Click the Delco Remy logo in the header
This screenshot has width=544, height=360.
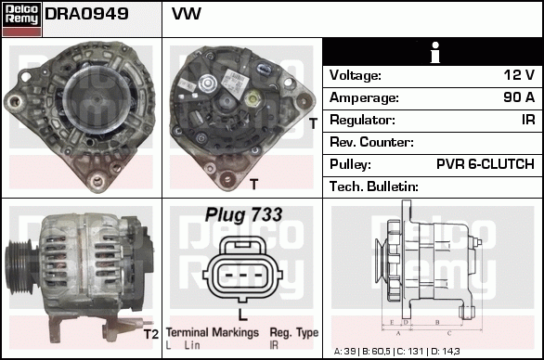(21, 18)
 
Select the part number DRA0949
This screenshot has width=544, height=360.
(86, 16)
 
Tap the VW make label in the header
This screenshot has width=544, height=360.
(187, 16)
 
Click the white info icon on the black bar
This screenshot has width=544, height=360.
(433, 52)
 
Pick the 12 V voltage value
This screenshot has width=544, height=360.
(518, 75)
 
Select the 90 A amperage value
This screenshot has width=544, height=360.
(517, 97)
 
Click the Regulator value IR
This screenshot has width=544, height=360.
(527, 120)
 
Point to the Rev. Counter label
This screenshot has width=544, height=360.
(371, 142)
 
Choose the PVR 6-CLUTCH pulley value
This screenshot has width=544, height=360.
(485, 164)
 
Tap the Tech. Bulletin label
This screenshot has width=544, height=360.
(374, 186)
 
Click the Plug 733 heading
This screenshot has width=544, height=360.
(243, 214)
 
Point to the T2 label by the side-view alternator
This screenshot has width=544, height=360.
(150, 334)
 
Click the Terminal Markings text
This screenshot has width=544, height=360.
(212, 332)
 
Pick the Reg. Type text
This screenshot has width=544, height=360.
(293, 332)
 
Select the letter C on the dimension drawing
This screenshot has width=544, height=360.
(449, 331)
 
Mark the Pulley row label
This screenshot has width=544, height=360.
(352, 164)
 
